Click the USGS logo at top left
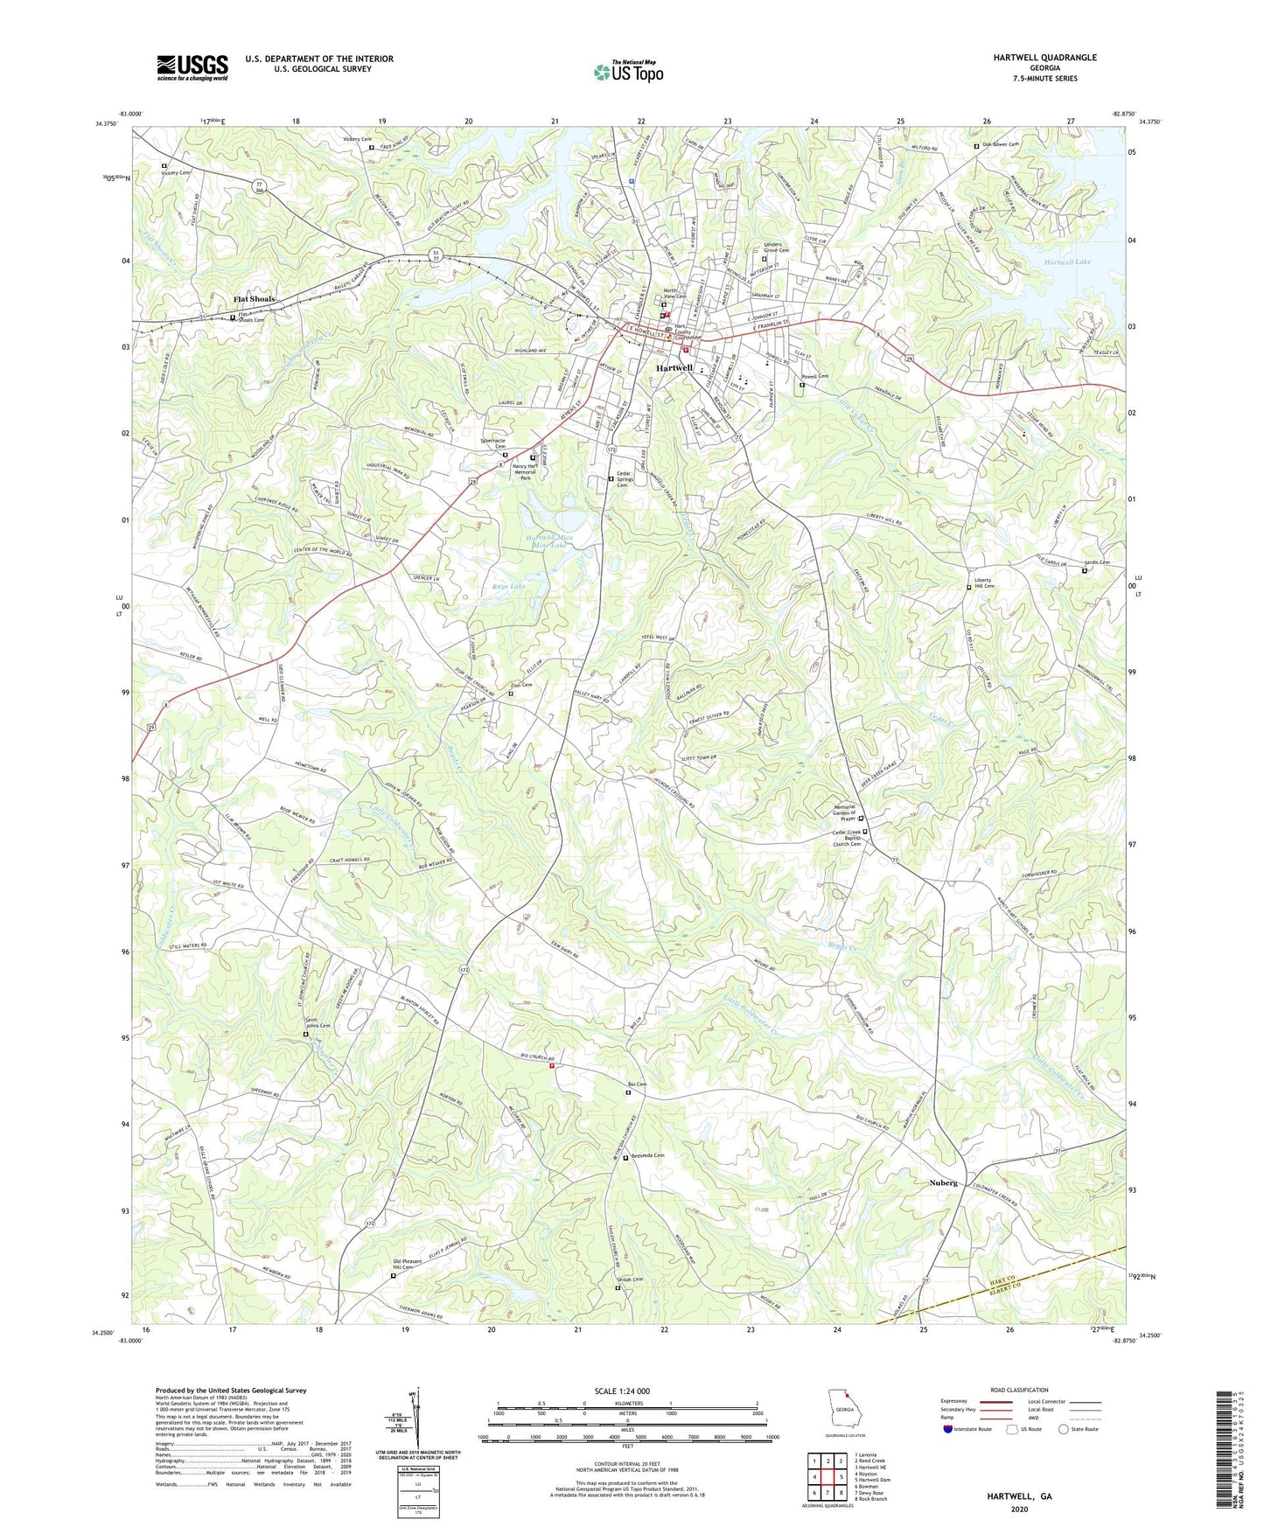[192, 67]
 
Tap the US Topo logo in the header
[628, 72]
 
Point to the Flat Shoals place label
[254, 299]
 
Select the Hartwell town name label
[674, 368]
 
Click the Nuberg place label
[943, 1182]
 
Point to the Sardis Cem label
[1097, 562]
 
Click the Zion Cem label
[521, 685]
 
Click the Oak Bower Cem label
[1001, 144]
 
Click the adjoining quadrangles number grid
[827, 1477]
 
